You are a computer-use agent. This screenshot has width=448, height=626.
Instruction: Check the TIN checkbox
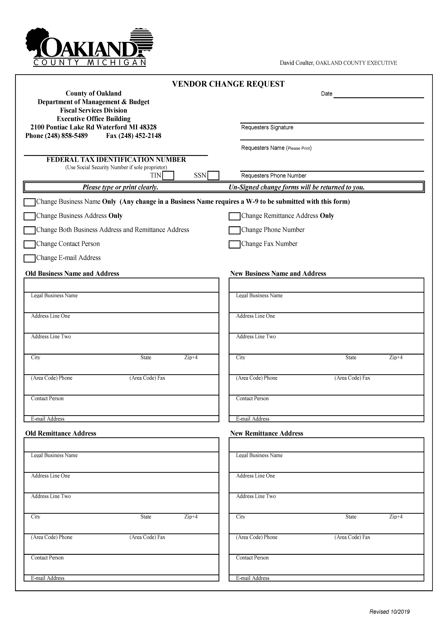pos(168,176)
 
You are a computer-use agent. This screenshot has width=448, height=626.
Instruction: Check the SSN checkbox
pos(213,176)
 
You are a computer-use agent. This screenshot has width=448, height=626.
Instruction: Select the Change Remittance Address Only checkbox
pos(235,216)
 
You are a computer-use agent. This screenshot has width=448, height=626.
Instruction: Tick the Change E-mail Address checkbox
pos(30,258)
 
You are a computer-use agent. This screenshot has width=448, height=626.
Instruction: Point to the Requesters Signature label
pos(267,127)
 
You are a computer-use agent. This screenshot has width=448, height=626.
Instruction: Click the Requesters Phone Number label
pos(274,176)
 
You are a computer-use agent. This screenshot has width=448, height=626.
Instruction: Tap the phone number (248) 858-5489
pos(66,136)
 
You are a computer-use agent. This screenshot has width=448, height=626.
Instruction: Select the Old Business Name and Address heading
pos(72,274)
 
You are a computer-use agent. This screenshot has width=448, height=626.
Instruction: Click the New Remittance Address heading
pos(267,433)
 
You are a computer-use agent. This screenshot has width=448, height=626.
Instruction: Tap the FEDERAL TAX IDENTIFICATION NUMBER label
pos(116,160)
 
